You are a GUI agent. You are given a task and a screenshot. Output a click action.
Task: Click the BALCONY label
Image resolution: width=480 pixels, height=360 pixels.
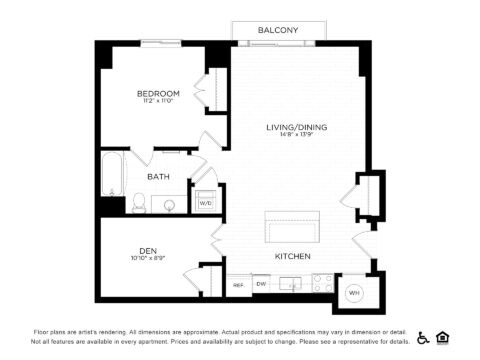[277, 30]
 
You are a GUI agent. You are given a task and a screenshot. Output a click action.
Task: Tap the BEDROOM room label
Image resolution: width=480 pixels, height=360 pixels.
[158, 94]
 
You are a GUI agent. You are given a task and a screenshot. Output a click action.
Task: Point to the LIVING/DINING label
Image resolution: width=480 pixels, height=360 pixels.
[297, 127]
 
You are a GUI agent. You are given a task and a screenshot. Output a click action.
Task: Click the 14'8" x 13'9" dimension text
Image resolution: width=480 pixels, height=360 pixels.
[297, 136]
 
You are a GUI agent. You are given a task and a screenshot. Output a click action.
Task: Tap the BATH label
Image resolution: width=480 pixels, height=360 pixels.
[158, 177]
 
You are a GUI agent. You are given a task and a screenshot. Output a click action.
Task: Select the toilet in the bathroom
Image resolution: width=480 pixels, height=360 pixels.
[140, 204]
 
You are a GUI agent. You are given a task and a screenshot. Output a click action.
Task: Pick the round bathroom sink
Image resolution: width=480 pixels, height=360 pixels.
[170, 206]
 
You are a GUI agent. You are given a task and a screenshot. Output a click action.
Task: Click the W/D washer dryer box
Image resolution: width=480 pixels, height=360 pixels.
[205, 202]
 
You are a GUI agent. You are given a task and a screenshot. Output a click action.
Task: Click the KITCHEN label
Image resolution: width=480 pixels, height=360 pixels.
[293, 257]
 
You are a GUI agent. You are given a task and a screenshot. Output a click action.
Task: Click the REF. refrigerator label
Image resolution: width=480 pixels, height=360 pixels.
[239, 285]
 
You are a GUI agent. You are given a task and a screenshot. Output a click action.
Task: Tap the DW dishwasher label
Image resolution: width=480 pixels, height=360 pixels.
[260, 284]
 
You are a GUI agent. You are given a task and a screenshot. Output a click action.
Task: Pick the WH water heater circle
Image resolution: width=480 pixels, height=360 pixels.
[353, 293]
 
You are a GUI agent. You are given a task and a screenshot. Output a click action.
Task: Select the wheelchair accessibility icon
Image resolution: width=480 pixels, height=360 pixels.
[423, 337]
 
